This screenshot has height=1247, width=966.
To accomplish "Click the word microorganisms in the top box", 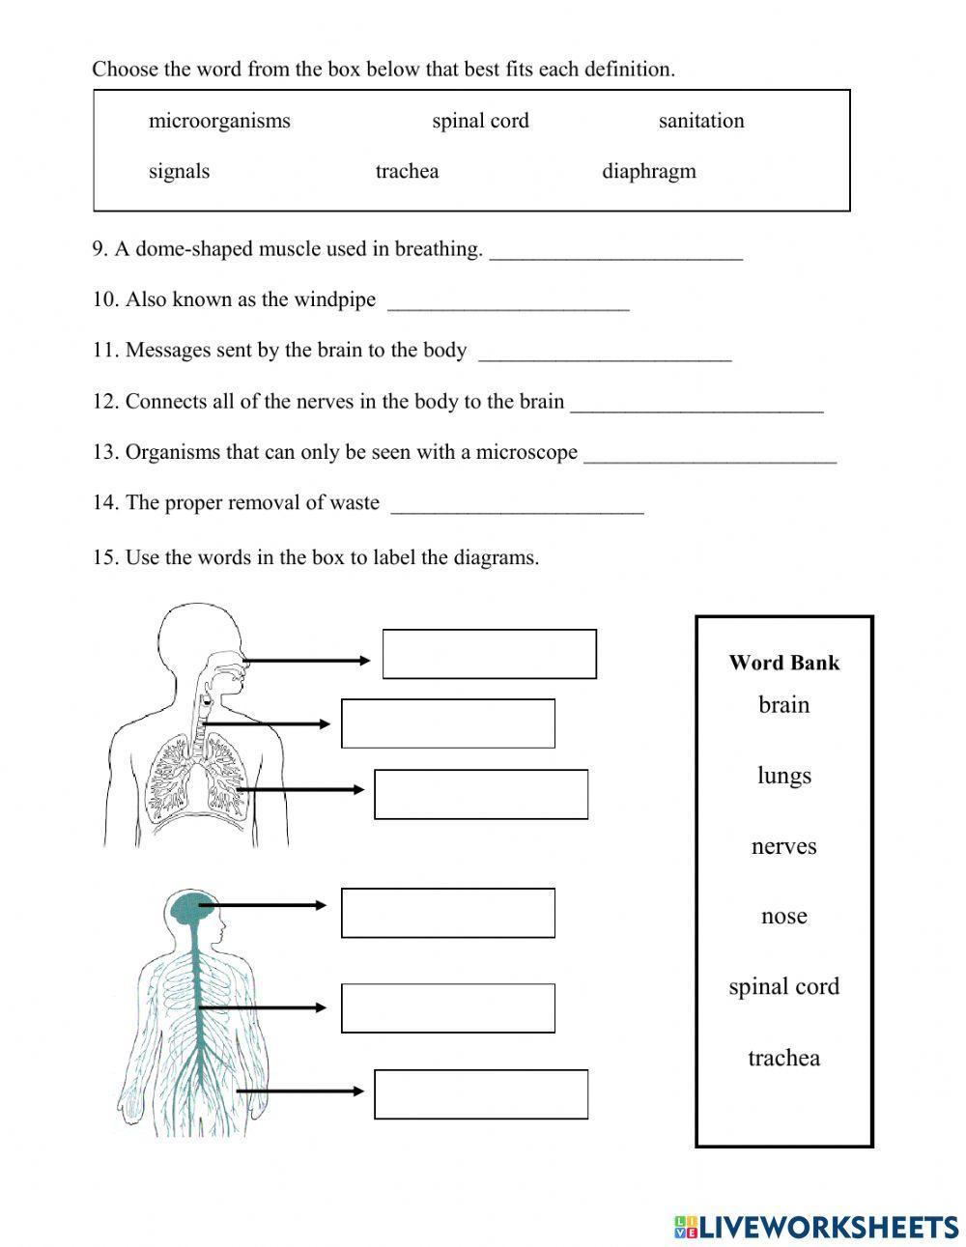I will coord(219,121).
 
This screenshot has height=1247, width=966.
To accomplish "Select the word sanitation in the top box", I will coord(700,121).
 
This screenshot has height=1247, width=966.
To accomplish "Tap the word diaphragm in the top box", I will coord(648,172).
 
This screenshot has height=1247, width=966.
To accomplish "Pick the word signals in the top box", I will coord(179,172).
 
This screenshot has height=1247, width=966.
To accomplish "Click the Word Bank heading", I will coord(783,663).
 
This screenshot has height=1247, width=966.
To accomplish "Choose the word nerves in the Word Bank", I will coord(783,846).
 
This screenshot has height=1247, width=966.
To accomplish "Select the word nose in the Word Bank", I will coord(783,916).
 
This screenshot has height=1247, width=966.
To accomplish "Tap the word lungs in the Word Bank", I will coord(783,776).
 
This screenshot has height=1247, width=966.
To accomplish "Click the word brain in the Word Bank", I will coord(783,705).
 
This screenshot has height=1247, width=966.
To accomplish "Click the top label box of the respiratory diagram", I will coord(489,654).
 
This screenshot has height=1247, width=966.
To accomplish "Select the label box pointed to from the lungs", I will coord(481,794).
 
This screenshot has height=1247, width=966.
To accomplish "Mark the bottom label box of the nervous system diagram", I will coord(481,1094).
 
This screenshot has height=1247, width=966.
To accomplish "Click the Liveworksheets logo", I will coord(816,1226).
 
